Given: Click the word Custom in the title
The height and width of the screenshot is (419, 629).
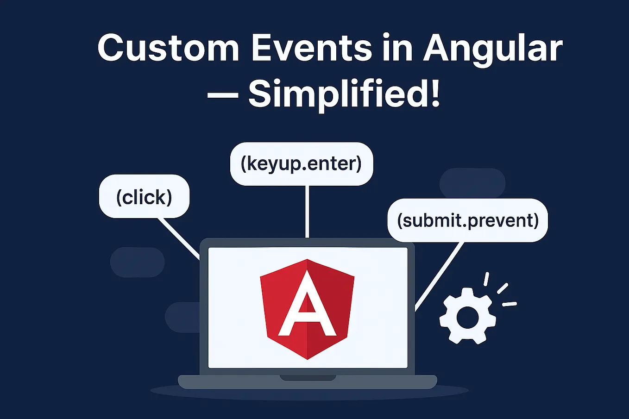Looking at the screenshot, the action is pyautogui.click(x=169, y=48).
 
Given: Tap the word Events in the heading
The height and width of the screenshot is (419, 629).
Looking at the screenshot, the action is pyautogui.click(x=312, y=48).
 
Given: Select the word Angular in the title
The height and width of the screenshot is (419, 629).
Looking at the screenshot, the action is pyautogui.click(x=493, y=50).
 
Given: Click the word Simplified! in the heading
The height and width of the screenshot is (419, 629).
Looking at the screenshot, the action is pyautogui.click(x=344, y=94).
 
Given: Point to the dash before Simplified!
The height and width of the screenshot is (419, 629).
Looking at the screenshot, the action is pyautogui.click(x=223, y=95).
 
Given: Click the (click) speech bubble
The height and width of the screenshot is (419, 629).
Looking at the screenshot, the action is pyautogui.click(x=145, y=196).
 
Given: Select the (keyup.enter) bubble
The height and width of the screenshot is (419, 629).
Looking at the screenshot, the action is pyautogui.click(x=302, y=164).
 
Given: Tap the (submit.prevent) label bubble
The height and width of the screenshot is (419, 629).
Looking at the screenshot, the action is pyautogui.click(x=468, y=220).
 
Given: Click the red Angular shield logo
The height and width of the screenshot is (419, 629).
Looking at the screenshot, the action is pyautogui.click(x=307, y=309).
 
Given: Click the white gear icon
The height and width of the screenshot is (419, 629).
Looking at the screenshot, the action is pyautogui.click(x=468, y=316).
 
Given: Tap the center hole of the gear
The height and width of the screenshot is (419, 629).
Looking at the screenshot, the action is pyautogui.click(x=467, y=318).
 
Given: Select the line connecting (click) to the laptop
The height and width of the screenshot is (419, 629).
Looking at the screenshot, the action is pyautogui.click(x=179, y=239).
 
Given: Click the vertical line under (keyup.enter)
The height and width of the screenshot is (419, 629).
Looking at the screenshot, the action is pyautogui.click(x=307, y=212).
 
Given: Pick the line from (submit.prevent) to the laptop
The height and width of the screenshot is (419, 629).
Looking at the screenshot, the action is pyautogui.click(x=439, y=277).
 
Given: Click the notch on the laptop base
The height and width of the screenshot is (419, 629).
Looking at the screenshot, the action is pyautogui.click(x=308, y=378).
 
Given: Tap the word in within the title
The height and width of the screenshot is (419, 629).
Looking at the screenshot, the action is pyautogui.click(x=397, y=48).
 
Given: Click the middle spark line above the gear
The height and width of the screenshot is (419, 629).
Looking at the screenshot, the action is pyautogui.click(x=503, y=288).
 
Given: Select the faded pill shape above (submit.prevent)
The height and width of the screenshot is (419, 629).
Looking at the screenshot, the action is pyautogui.click(x=472, y=183).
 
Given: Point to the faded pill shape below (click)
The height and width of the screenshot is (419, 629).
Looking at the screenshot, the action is pyautogui.click(x=137, y=262).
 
